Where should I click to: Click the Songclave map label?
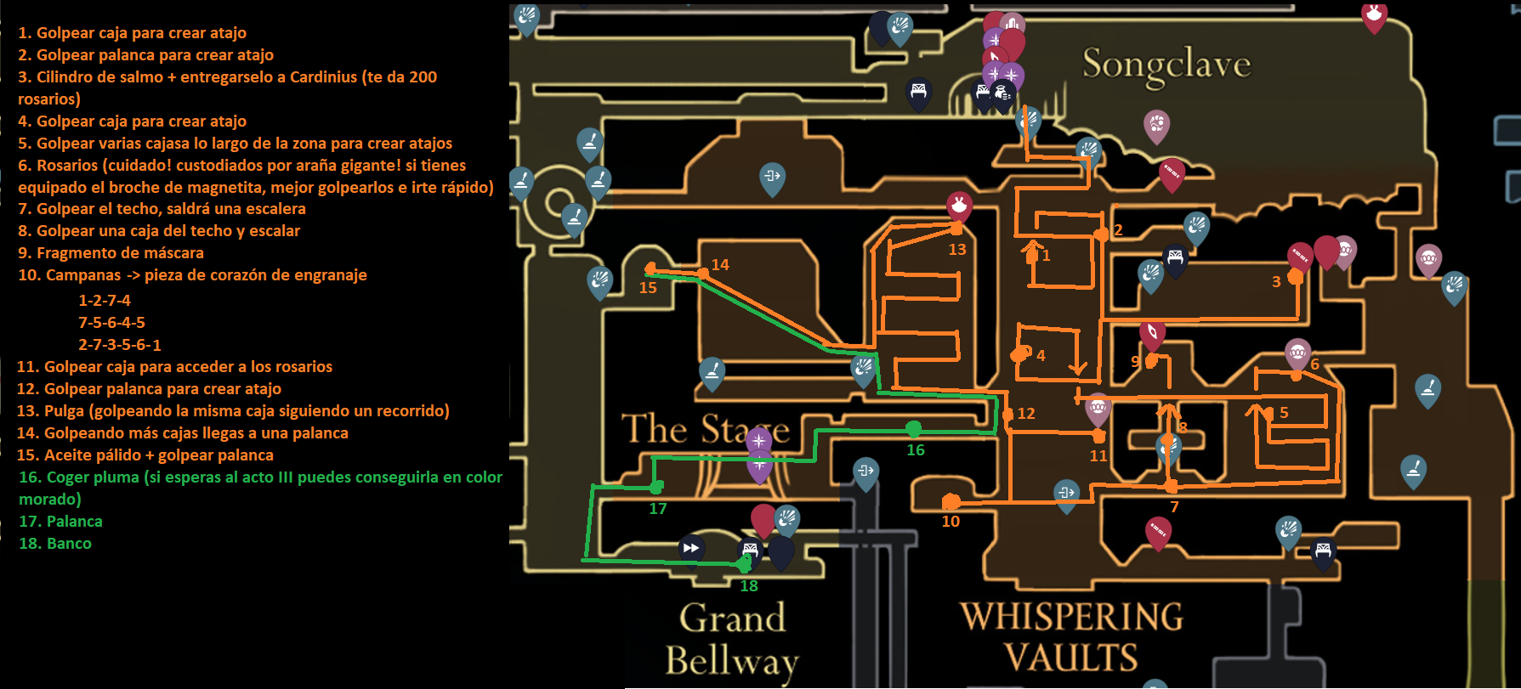click(1166, 65)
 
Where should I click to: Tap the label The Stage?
click(706, 429)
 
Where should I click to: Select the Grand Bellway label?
click(732, 640)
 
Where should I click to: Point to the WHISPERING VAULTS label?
click(1071, 637)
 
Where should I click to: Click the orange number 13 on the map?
click(957, 250)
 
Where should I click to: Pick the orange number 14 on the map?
click(720, 265)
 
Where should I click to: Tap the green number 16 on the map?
click(916, 450)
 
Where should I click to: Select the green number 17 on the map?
click(658, 509)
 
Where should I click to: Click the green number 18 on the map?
click(749, 586)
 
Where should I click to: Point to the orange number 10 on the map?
click(951, 522)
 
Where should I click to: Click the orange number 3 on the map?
click(1276, 282)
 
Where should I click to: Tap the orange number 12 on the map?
click(1026, 414)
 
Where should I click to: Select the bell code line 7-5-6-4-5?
click(111, 323)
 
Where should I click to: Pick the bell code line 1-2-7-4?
click(105, 301)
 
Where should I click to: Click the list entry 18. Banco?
click(55, 544)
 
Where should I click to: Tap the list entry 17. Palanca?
click(60, 522)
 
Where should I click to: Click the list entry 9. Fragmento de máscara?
click(111, 253)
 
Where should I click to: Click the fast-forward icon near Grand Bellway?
click(691, 548)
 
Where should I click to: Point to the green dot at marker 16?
click(914, 428)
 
